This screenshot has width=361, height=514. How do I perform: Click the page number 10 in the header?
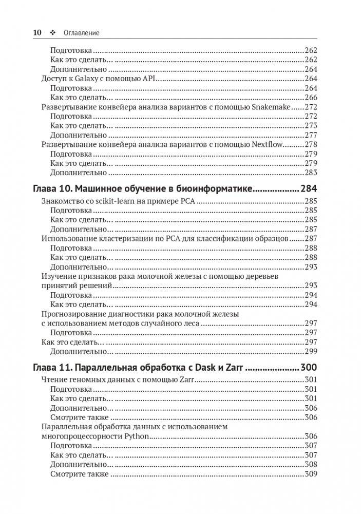(37, 32)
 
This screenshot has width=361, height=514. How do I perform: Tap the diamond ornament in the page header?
(52, 32)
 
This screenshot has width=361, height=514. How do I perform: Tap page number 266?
(311, 98)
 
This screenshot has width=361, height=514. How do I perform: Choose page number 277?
(311, 135)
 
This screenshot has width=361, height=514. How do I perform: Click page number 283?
(311, 173)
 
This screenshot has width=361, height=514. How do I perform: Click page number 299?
(311, 351)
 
